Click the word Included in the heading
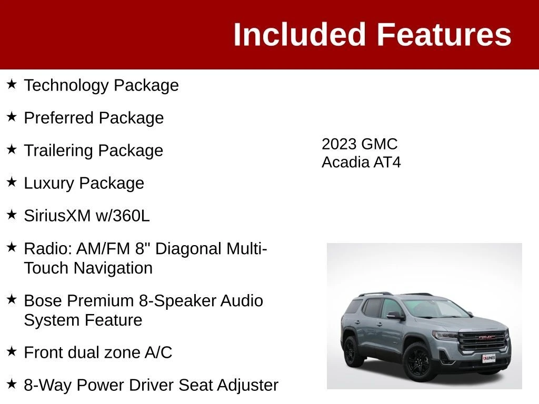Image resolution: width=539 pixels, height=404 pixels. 299,34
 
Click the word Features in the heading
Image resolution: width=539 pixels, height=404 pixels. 444,34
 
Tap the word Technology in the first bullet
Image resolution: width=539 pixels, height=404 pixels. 66,86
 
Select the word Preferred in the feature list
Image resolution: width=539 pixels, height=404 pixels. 59,118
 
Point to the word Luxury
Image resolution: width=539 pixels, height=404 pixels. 49,184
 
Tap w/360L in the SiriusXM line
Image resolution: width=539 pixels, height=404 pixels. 122,216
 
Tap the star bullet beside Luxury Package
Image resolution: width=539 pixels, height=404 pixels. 12,181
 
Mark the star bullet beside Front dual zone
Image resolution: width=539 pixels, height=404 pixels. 12,351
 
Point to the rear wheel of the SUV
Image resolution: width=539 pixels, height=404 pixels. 351,351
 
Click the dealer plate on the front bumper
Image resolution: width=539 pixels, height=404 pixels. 488,358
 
